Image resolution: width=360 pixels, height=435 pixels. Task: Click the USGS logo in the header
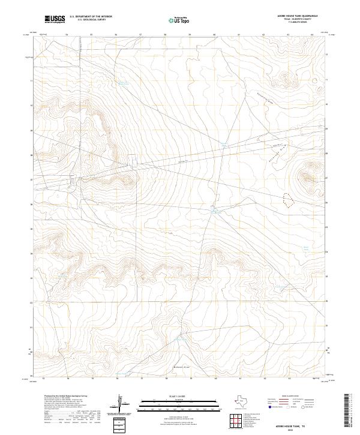[55, 19]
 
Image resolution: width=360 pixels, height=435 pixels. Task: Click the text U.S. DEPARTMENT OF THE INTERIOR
[91, 17]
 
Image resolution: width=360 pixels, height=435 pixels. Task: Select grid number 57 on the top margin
[140, 35]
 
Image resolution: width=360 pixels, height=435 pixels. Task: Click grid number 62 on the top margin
[264, 35]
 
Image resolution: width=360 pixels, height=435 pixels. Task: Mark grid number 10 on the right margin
[328, 103]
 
